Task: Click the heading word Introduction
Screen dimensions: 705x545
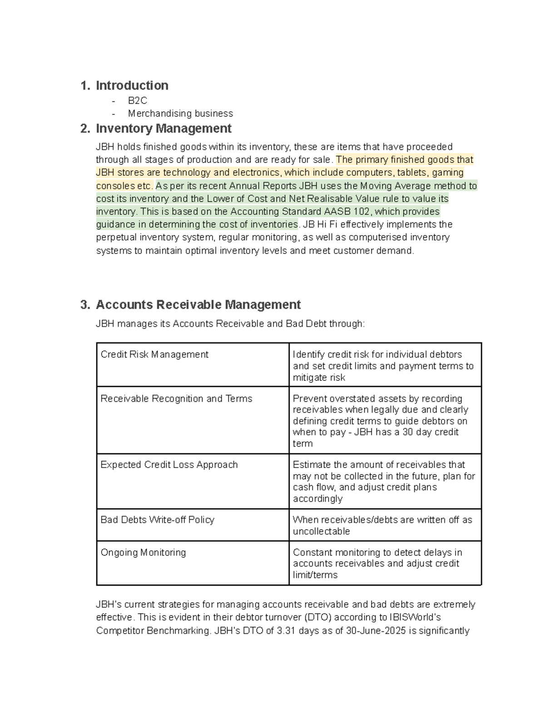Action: (132, 85)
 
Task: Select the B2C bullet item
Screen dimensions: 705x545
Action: (137, 100)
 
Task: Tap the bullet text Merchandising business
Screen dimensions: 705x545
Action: (180, 113)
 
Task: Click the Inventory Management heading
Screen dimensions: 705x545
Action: (163, 128)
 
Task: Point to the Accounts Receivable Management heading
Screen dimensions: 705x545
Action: (198, 305)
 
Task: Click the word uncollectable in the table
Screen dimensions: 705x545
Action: (321, 532)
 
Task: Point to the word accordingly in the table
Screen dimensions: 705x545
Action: (317, 499)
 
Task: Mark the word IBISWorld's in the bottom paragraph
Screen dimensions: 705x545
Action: (415, 618)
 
